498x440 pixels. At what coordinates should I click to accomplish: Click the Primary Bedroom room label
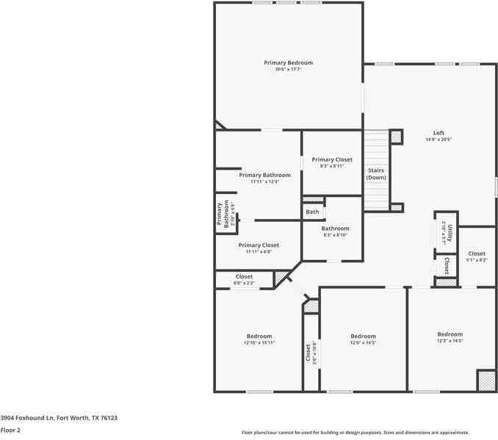[x=288, y=63]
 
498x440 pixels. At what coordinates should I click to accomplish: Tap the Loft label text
[x=438, y=133]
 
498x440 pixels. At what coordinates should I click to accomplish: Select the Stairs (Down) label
[x=376, y=174]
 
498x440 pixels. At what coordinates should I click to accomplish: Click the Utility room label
[x=450, y=234]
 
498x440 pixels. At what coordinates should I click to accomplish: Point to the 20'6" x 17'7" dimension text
[x=288, y=70]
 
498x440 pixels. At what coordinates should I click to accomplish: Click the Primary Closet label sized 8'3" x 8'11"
[x=331, y=159]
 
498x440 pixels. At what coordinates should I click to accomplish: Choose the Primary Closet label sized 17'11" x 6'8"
[x=259, y=245]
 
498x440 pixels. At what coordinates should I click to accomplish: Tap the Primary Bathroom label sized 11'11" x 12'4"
[x=264, y=176]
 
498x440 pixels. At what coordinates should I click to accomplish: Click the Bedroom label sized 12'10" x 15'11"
[x=259, y=336]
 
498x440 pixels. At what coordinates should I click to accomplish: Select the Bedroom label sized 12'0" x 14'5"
[x=363, y=336]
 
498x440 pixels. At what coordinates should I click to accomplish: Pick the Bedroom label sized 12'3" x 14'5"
[x=450, y=333]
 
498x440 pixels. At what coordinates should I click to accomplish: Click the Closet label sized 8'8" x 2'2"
[x=244, y=277]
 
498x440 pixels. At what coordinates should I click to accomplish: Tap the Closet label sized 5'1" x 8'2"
[x=476, y=253]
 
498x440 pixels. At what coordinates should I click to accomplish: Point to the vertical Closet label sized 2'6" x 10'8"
[x=308, y=352]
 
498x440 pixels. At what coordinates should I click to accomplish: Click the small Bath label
[x=313, y=212]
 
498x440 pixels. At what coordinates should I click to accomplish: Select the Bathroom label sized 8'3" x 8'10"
[x=335, y=228]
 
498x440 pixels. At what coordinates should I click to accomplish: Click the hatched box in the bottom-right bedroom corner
[x=486, y=381]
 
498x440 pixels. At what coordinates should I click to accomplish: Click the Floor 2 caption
[x=10, y=430]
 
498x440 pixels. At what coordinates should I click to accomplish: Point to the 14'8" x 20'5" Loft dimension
[x=438, y=140]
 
